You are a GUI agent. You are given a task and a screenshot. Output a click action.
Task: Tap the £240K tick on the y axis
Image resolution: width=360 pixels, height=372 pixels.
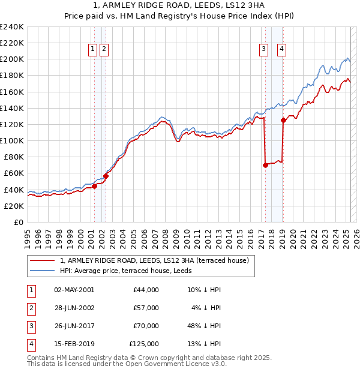pos(12,27)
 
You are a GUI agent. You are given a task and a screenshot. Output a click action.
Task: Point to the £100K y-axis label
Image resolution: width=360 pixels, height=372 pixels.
pos(12,140)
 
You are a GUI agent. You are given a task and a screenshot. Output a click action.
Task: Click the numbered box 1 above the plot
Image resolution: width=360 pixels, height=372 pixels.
pos(94,50)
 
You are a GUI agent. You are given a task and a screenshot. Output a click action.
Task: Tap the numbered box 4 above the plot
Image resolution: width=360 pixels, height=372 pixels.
pos(281,50)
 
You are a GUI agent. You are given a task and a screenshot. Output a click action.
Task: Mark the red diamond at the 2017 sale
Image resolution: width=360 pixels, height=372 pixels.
pos(265,165)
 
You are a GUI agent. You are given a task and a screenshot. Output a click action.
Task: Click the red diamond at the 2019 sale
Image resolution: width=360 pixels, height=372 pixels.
pos(283,120)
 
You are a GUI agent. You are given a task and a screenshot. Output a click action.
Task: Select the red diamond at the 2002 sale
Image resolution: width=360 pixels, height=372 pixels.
pos(106,176)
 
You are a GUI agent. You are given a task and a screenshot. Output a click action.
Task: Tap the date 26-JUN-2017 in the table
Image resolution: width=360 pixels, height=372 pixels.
pos(74,326)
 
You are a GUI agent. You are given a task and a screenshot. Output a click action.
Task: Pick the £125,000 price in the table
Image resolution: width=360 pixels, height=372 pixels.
pos(144,344)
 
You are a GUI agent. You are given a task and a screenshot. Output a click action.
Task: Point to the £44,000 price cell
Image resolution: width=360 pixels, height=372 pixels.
pos(146,290)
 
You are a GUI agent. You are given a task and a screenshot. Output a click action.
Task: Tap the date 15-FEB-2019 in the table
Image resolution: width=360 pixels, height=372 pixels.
pos(74,344)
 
